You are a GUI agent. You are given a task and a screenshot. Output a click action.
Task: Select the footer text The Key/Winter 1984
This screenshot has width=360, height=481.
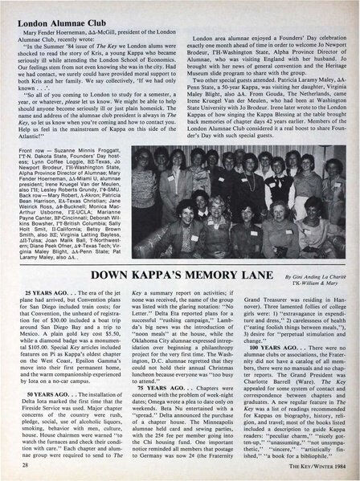tap(305, 467)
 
